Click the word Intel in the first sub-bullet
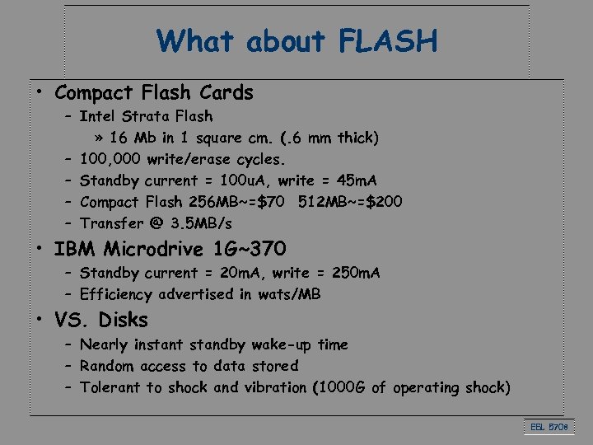100,116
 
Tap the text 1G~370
254,248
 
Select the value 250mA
356,273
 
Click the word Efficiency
116,294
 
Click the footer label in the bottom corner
549,427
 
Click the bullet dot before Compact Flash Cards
40,93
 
